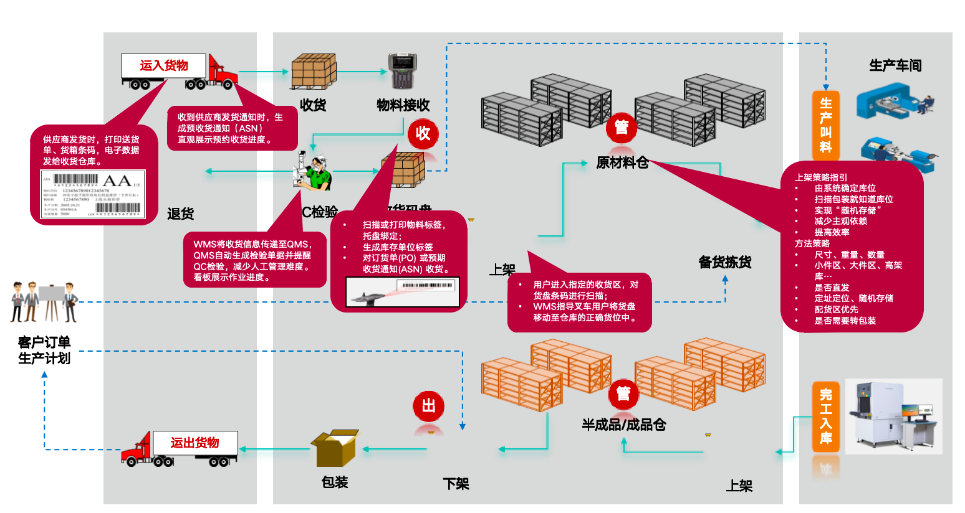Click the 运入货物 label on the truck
pos(163,65)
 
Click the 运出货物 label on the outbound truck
pos(194,443)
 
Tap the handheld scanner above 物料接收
pos(402,71)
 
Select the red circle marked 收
pos(423,133)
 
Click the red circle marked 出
pos(428,406)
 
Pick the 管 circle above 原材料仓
pos(621,128)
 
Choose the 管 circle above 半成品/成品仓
pos(623,393)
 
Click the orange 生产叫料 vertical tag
pos(825,125)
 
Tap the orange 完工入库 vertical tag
pos(825,416)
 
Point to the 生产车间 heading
pos(895,65)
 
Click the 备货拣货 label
pos(724,262)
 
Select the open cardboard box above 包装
pos(335,448)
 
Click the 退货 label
pos(180,214)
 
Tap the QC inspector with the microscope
pos(313,171)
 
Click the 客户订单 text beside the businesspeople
pos(44,342)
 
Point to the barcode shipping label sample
pos(92,194)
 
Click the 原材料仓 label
pos(622,163)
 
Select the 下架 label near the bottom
pos(456,484)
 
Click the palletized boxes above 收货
pos(314,72)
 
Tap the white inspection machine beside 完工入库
pos(893,416)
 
